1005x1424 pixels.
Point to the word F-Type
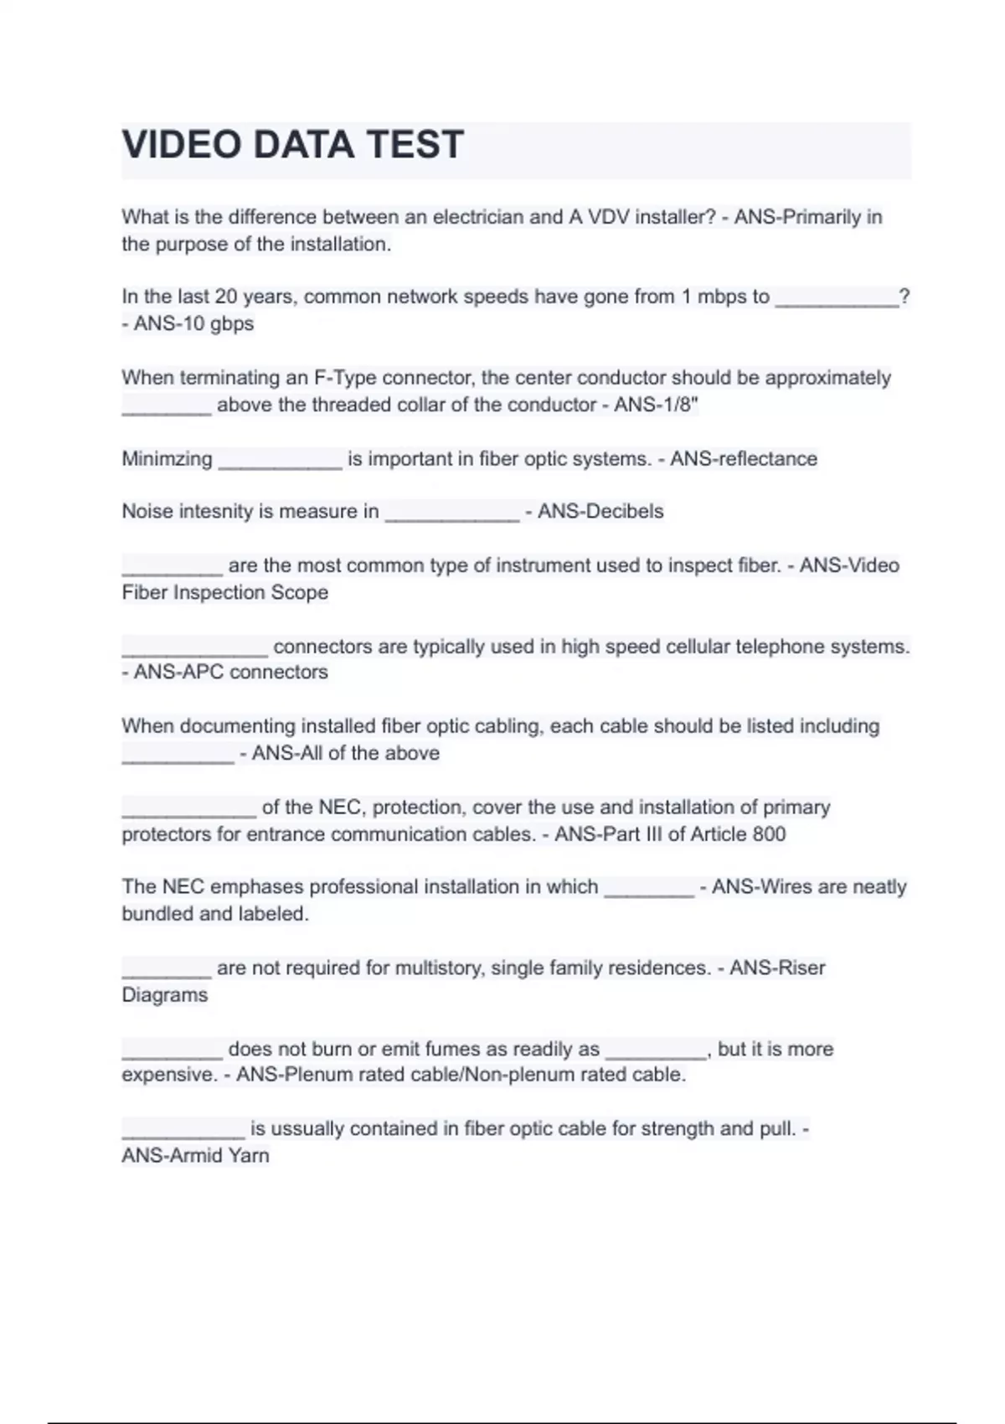345,378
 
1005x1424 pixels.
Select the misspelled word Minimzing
167,459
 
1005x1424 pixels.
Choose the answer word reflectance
764,459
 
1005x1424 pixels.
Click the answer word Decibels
620,512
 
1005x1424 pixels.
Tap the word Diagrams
164,995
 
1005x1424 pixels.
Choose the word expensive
167,1075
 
